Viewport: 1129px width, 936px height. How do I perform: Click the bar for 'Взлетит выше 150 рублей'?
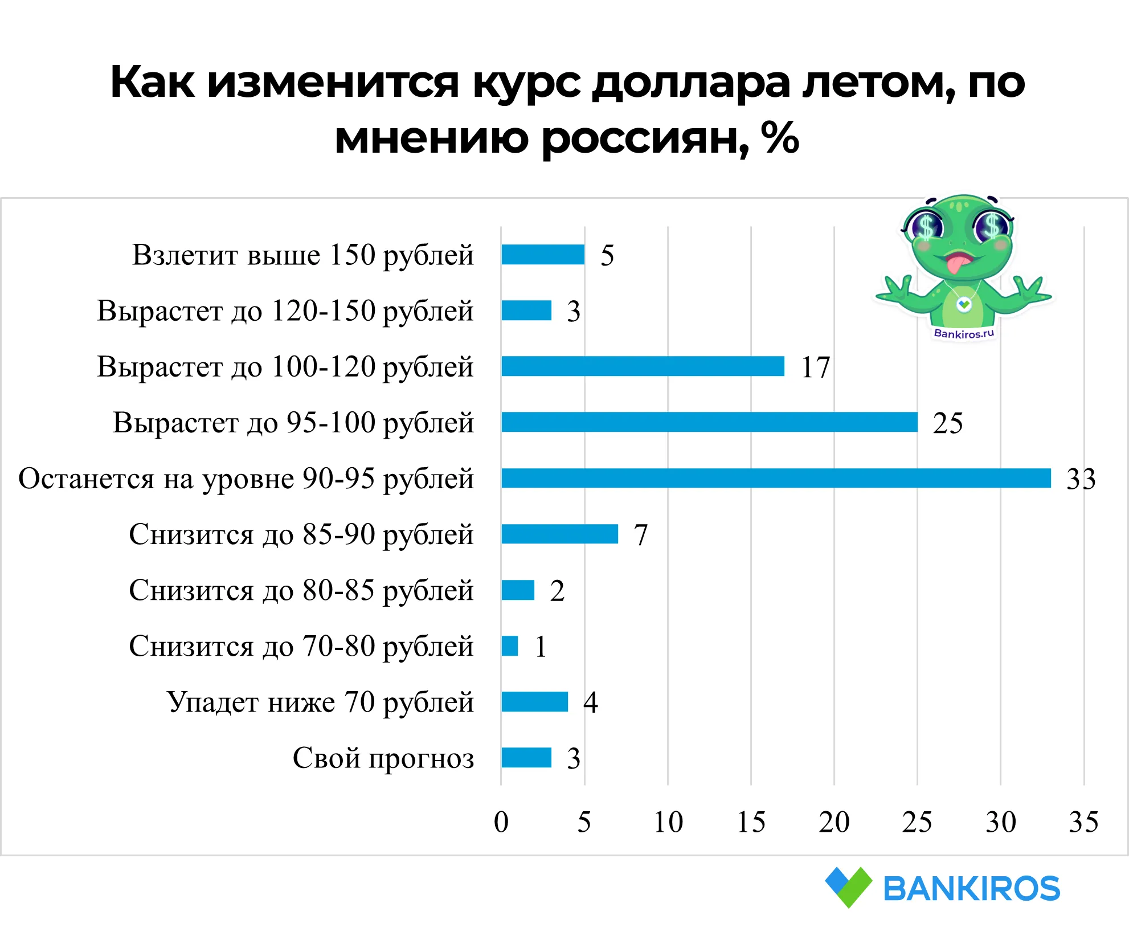point(543,255)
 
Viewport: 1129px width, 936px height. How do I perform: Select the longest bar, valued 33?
point(776,478)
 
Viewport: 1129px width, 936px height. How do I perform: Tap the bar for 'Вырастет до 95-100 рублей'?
point(709,422)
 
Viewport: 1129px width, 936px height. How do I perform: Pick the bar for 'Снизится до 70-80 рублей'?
point(510,646)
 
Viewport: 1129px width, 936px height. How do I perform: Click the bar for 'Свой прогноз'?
point(526,758)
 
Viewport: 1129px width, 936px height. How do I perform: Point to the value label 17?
point(815,367)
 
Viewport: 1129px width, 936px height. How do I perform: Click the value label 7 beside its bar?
point(641,535)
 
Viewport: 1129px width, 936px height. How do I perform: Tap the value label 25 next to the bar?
point(947,423)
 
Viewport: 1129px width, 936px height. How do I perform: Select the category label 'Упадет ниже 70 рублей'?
point(320,702)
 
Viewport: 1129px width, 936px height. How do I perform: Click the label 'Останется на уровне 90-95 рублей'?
point(246,479)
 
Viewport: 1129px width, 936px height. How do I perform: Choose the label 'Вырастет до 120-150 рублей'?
point(285,311)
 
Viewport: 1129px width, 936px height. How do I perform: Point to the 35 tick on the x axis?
point(1083,822)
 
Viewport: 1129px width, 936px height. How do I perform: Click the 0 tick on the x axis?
point(501,822)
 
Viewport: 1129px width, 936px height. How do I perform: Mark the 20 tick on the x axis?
point(834,822)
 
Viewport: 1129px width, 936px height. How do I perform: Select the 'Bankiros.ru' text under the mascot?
point(964,333)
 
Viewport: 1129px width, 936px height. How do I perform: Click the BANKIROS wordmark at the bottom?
point(971,889)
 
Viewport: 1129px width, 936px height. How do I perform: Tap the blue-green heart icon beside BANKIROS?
point(848,886)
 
